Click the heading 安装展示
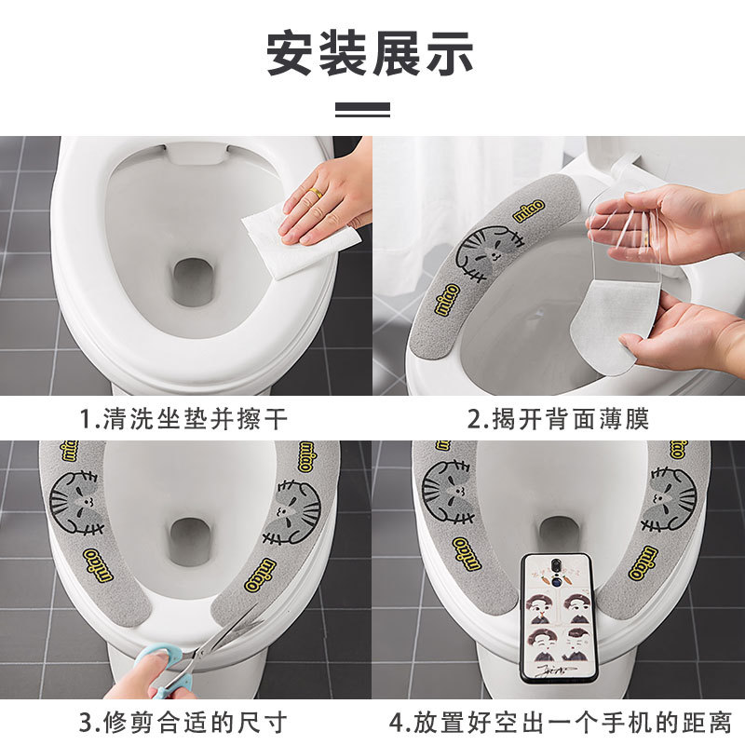coord(371,53)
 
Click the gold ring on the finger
coord(316,193)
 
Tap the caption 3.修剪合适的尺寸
coord(182,722)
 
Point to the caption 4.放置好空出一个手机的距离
coord(559,722)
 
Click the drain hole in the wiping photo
coord(193,280)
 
